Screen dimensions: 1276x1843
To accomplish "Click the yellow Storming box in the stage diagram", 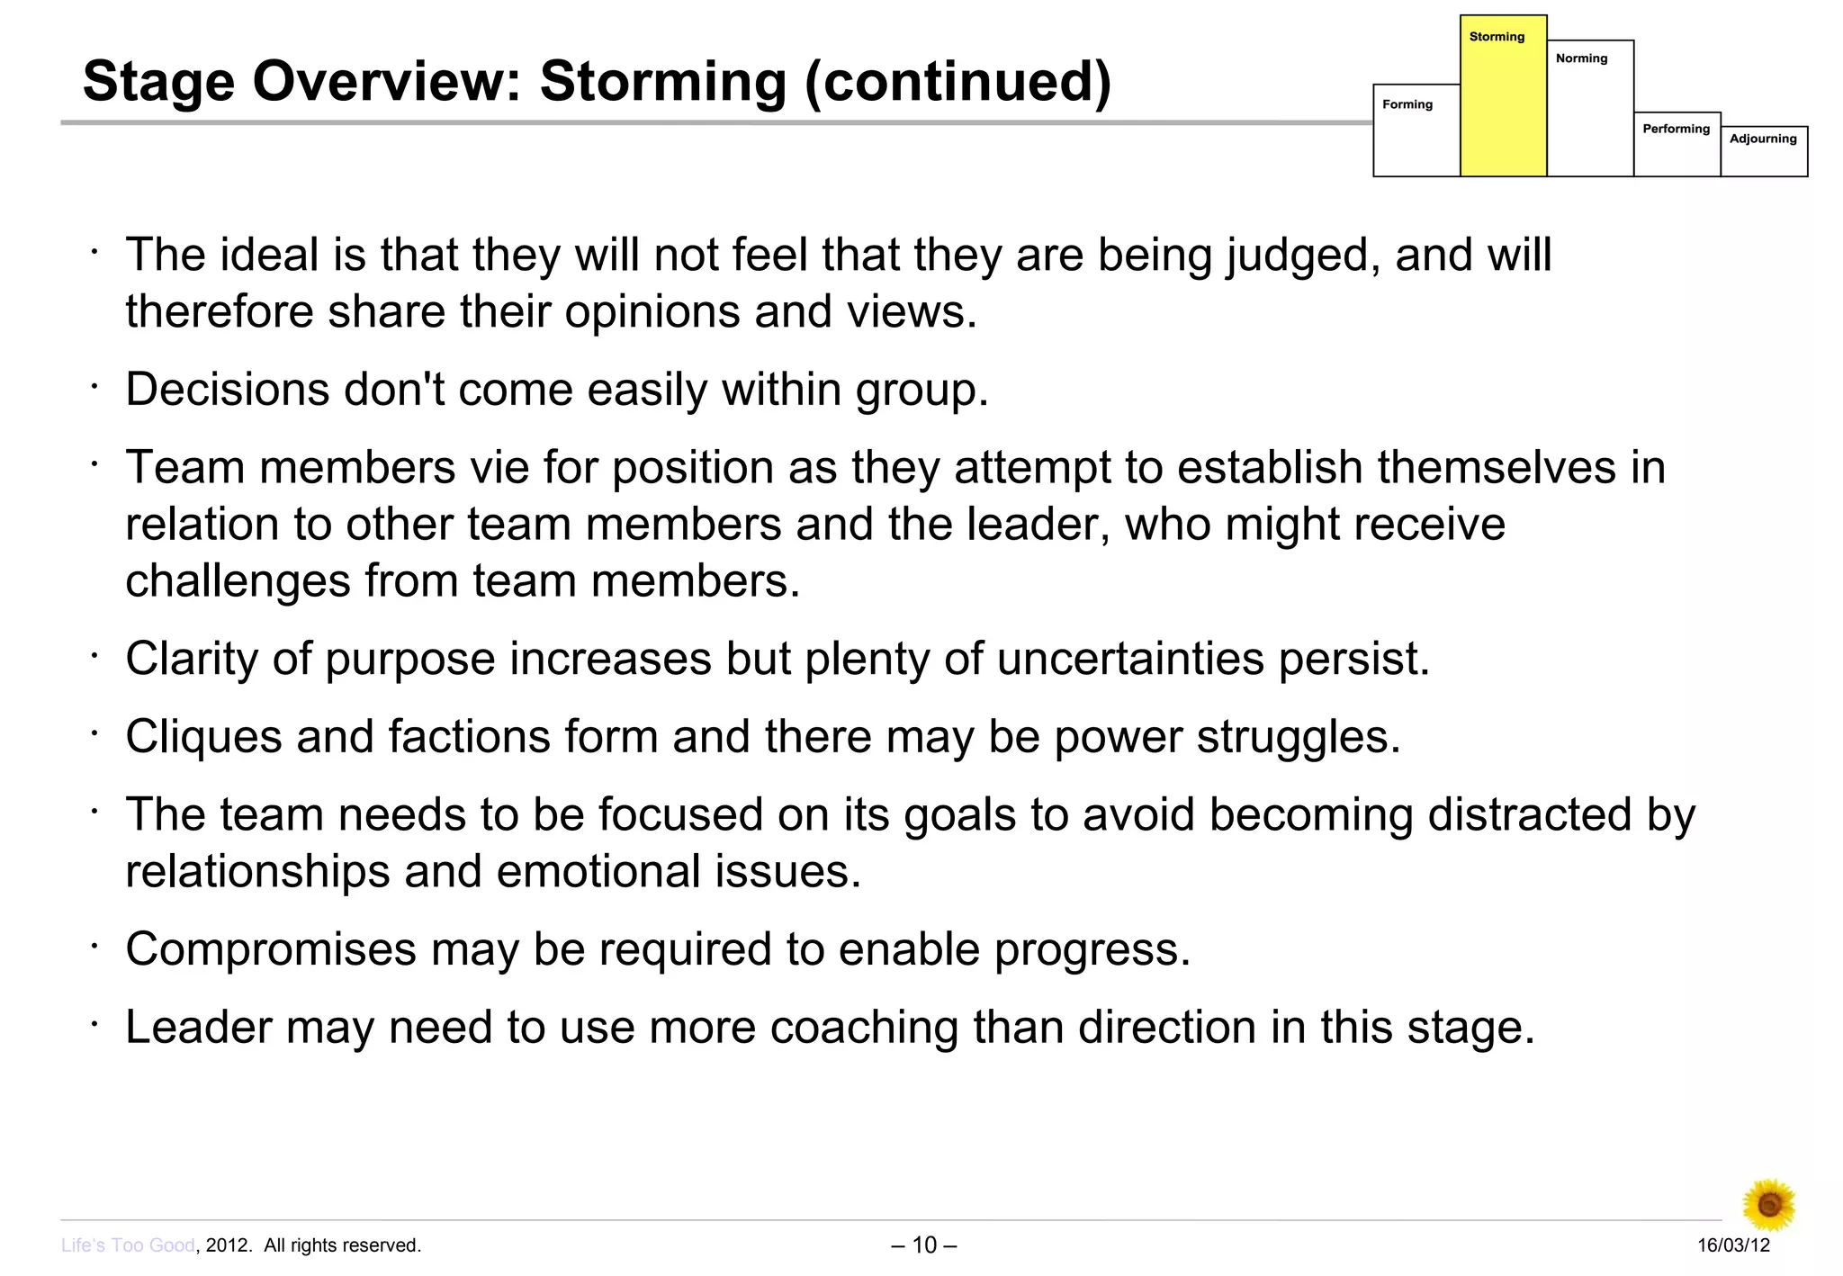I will [1503, 99].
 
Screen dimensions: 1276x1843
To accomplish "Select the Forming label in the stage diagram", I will [1407, 104].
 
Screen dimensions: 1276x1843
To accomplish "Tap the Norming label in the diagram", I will [1581, 58].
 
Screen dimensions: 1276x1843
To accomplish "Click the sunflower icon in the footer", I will [1768, 1204].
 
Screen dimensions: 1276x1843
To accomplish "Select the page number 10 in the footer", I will [924, 1245].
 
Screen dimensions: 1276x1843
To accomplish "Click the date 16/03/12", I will [1733, 1245].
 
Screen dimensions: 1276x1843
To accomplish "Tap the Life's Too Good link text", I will [128, 1245].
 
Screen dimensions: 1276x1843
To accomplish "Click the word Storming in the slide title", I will [662, 82].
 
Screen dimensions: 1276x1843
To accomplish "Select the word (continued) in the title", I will [957, 82].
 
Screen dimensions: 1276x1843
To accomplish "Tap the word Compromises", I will [271, 949].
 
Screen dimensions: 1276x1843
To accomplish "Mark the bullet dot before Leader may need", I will [93, 1023].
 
